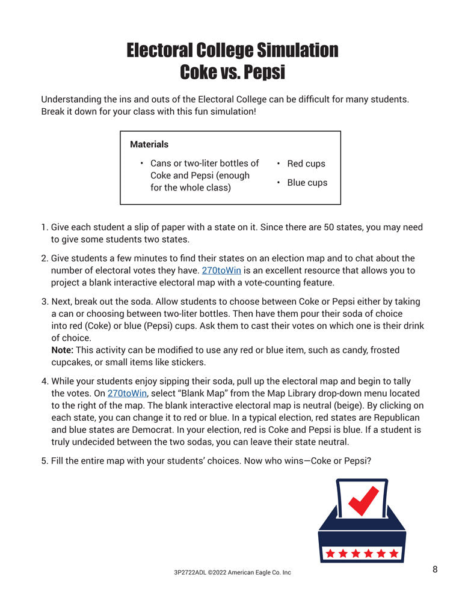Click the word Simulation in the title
pyautogui.click(x=297, y=50)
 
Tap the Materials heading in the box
pyautogui.click(x=149, y=144)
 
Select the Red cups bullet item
pyautogui.click(x=306, y=163)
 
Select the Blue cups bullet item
pyautogui.click(x=307, y=183)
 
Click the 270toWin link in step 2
pyautogui.click(x=221, y=270)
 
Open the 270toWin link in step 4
pyautogui.click(x=127, y=393)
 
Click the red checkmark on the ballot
pyautogui.click(x=363, y=500)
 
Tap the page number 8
pyautogui.click(x=435, y=569)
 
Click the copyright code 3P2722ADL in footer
pyautogui.click(x=190, y=573)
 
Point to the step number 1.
pyautogui.click(x=44, y=227)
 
